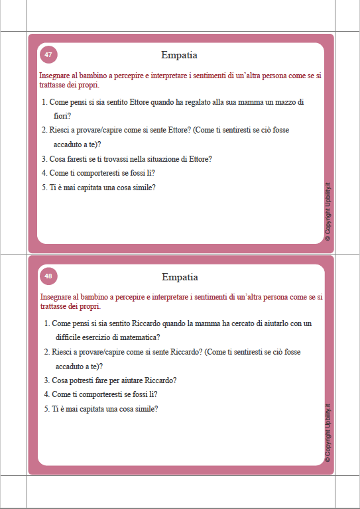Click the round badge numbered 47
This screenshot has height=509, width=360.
pyautogui.click(x=48, y=54)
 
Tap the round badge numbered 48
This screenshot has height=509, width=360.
pyautogui.click(x=48, y=276)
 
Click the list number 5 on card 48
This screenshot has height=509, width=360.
pyautogui.click(x=46, y=409)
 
